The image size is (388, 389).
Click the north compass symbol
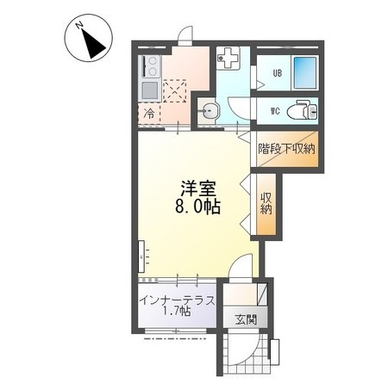[x=88, y=38]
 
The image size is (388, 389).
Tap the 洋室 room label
[x=198, y=188]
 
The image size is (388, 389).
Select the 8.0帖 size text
[x=197, y=206]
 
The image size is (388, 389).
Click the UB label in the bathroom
[x=278, y=73]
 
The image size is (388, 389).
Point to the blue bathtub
[x=305, y=72]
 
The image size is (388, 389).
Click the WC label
[x=275, y=111]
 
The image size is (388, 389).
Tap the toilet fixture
[x=302, y=110]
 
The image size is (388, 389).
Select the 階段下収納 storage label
[x=286, y=149]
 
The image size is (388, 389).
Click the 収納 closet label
[x=266, y=203]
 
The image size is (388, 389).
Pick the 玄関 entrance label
[x=246, y=319]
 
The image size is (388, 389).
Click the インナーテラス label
[x=177, y=300]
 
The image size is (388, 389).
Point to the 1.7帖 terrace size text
[x=177, y=311]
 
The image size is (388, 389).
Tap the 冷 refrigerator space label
[x=149, y=114]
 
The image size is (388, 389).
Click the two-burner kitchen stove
[x=150, y=66]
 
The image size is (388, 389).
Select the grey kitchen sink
[x=150, y=90]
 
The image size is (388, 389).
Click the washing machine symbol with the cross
[x=228, y=58]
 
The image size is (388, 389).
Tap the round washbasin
[x=209, y=110]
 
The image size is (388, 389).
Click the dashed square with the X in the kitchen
[x=175, y=91]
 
